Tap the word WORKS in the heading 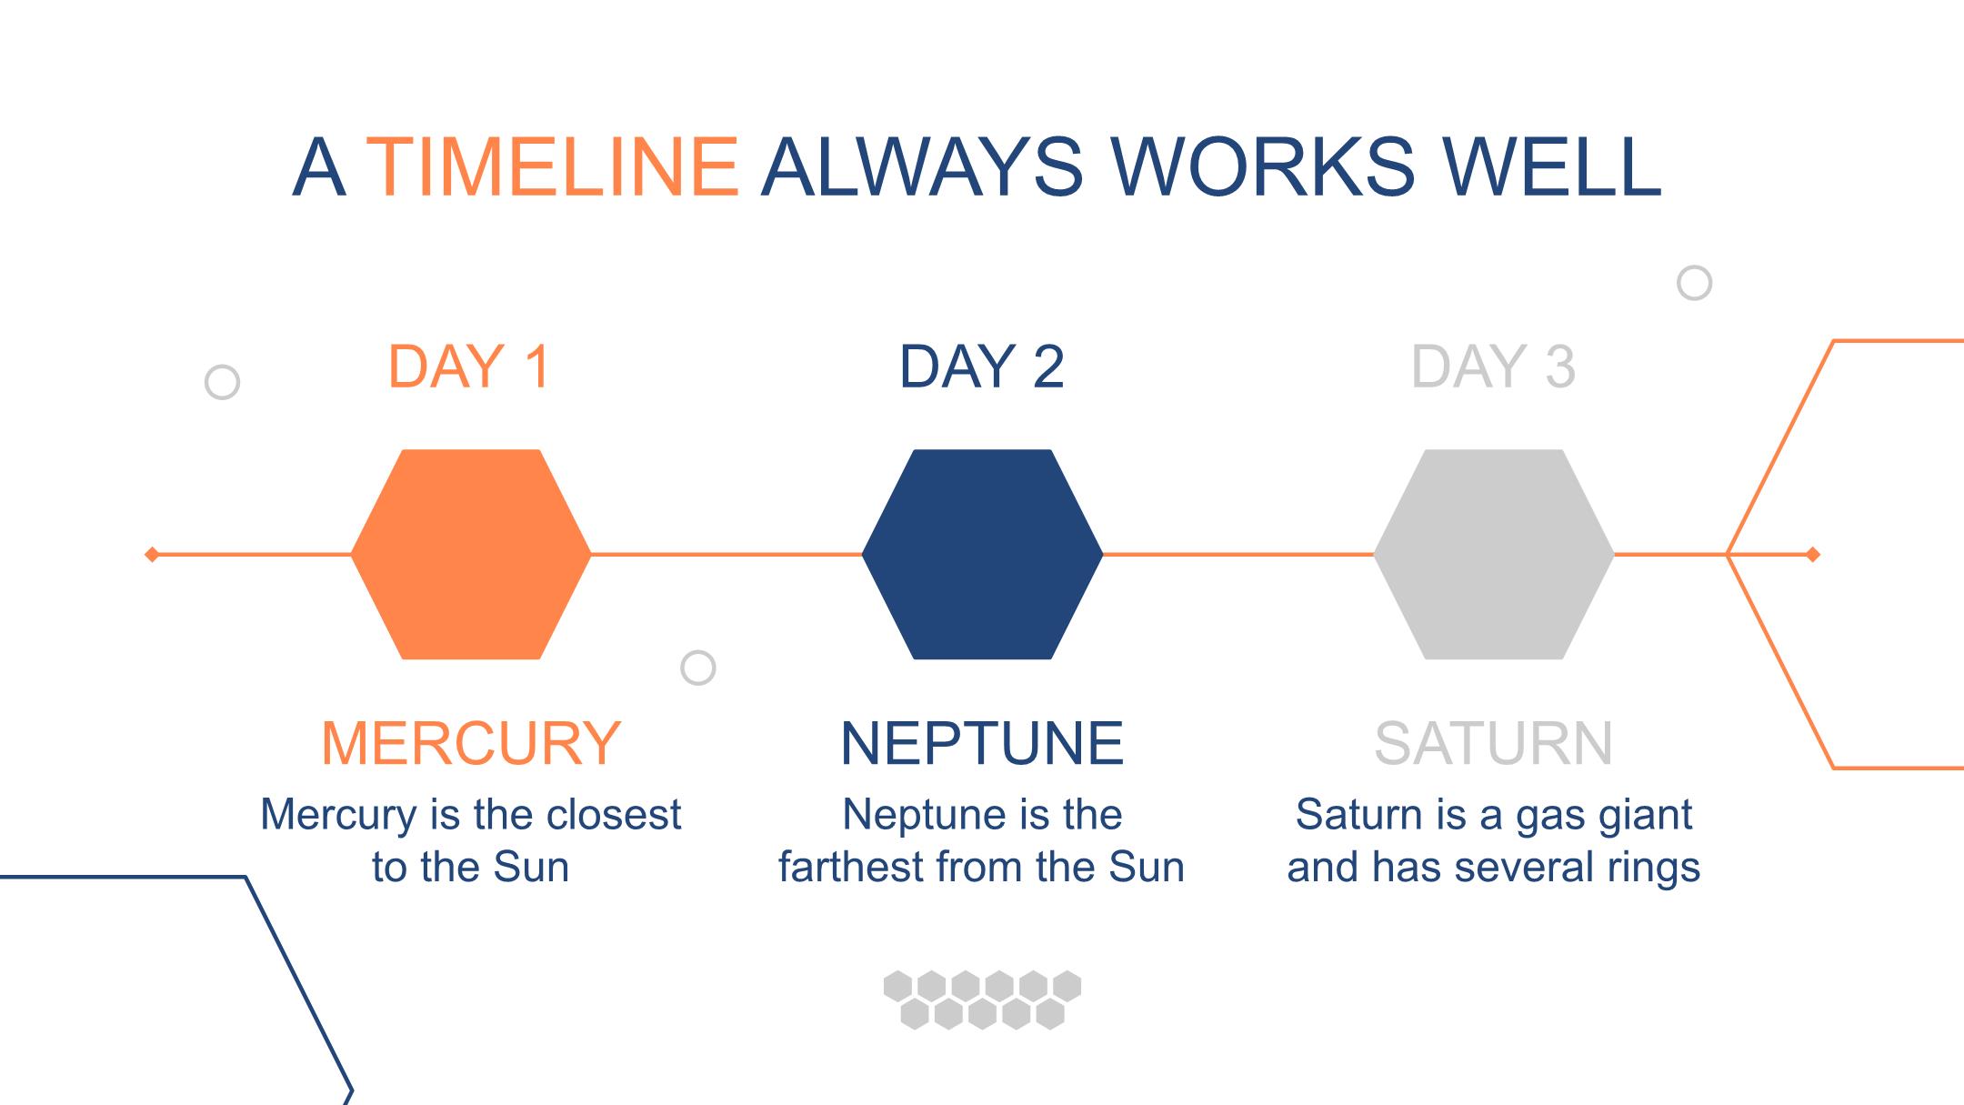click(x=1263, y=166)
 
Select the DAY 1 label click(x=469, y=367)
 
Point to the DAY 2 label click(x=982, y=367)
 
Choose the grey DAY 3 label click(x=1493, y=367)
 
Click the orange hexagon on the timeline click(x=471, y=554)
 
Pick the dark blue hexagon click(x=982, y=554)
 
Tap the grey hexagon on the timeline click(x=1494, y=554)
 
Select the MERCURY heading click(x=471, y=743)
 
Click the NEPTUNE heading click(x=982, y=743)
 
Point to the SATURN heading click(x=1494, y=743)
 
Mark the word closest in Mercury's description click(x=614, y=814)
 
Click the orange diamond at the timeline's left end click(x=152, y=554)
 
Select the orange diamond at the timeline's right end click(x=1812, y=554)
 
